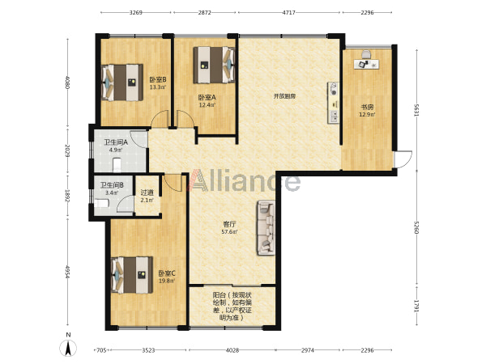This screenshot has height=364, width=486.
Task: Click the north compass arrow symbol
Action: pyautogui.click(x=68, y=348)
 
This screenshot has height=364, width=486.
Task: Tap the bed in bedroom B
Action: pyautogui.click(x=122, y=83)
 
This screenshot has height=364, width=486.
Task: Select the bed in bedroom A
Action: pyautogui.click(x=214, y=65)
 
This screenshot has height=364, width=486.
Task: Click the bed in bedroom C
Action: pyautogui.click(x=132, y=274)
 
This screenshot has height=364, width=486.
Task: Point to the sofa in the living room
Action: pyautogui.click(x=266, y=227)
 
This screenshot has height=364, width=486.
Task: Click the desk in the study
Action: pyautogui.click(x=367, y=64)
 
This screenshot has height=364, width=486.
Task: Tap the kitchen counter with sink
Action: pyautogui.click(x=334, y=103)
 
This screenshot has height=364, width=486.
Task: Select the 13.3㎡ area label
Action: pyautogui.click(x=158, y=87)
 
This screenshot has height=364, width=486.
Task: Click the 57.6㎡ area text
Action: pyautogui.click(x=229, y=231)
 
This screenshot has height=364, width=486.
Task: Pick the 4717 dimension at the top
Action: pyautogui.click(x=289, y=13)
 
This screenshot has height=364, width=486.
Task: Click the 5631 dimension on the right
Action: pyautogui.click(x=416, y=110)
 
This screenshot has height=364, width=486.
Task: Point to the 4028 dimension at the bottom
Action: pyautogui.click(x=232, y=350)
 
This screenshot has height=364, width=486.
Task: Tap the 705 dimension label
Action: pyautogui.click(x=102, y=350)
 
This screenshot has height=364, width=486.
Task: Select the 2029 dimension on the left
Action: pyautogui.click(x=67, y=150)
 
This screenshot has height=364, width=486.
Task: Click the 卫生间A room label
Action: pyautogui.click(x=116, y=142)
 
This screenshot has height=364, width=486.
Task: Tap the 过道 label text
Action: pyautogui.click(x=147, y=193)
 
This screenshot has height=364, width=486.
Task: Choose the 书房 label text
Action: pyautogui.click(x=367, y=108)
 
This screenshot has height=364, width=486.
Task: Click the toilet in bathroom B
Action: pyautogui.click(x=101, y=203)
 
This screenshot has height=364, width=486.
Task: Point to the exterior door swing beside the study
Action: pyautogui.click(x=403, y=159)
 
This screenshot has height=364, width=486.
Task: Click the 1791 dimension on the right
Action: pyautogui.click(x=416, y=306)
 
